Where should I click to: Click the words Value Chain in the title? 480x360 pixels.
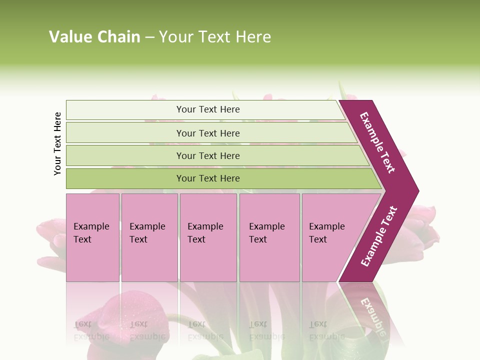(x=94, y=37)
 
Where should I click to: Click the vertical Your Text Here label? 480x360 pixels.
(x=57, y=143)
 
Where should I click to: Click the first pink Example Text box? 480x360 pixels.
(x=92, y=237)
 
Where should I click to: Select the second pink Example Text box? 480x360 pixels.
(x=149, y=237)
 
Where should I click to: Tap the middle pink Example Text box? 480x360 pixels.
(x=208, y=237)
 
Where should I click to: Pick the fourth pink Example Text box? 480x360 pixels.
(x=269, y=237)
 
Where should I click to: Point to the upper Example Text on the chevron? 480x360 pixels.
(x=377, y=142)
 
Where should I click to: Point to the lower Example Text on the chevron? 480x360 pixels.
(x=379, y=236)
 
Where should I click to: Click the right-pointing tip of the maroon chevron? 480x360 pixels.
(x=416, y=191)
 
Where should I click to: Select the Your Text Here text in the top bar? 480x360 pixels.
(x=208, y=109)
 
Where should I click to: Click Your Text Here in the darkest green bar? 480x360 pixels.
(x=208, y=178)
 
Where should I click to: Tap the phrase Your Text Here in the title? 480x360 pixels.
(x=215, y=37)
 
